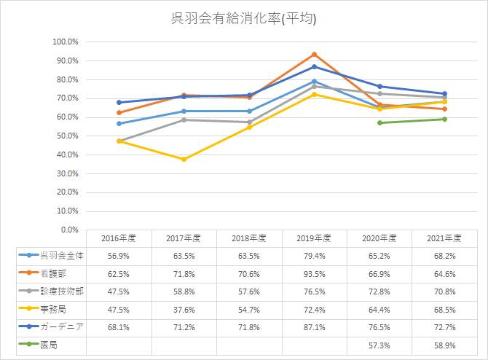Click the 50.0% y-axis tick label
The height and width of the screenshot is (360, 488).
tap(67, 136)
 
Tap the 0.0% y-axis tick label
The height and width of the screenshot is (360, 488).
tap(69, 230)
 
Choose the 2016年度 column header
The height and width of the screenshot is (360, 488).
tap(119, 238)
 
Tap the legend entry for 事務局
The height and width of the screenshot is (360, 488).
tap(51, 308)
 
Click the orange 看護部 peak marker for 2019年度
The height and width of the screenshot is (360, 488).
tap(314, 55)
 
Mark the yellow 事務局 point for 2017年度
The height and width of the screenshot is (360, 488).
tap(184, 159)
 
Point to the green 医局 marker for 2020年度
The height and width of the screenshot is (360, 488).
tap(379, 122)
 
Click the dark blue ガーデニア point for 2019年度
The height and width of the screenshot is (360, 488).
tap(314, 66)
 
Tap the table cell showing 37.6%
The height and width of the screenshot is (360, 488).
tap(184, 308)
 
